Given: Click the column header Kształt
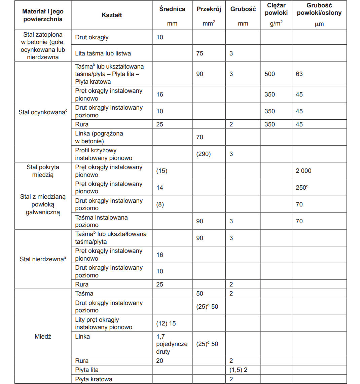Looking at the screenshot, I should point(112,15).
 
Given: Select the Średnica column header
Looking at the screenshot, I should point(172,9).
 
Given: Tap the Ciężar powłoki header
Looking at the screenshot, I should point(276,9).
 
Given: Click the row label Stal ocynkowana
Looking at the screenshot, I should point(43,112).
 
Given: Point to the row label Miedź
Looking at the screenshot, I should point(43,337).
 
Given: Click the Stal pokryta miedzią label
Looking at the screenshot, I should point(43,171).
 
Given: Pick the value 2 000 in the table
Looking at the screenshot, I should point(303,171).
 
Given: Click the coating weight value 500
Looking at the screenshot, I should point(269,74).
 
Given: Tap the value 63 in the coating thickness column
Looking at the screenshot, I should point(299,74).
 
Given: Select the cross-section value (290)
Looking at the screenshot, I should point(203,154).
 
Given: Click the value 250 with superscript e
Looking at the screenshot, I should point(302,187).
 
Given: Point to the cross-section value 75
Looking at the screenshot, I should point(200,53).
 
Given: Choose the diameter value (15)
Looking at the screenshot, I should point(162,171).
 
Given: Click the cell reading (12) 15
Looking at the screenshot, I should point(166,323).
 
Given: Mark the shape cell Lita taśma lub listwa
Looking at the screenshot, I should point(103,53).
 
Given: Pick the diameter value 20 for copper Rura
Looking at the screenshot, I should point(160,361).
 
